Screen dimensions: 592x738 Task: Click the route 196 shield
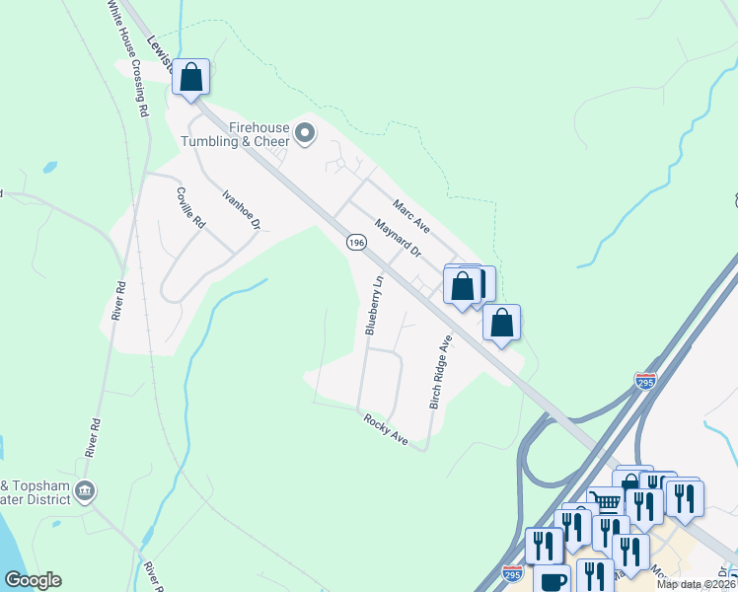pos(356,242)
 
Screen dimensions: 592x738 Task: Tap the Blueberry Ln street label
pos(373,306)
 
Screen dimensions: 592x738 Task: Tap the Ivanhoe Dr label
pos(241,210)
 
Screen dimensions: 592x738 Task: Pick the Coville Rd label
pos(190,208)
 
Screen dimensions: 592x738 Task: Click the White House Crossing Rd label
pos(127,59)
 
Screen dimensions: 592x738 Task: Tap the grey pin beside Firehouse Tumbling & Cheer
pos(305,132)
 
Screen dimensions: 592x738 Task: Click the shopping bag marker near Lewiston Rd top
pos(191,77)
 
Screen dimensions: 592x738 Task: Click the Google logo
pos(33,580)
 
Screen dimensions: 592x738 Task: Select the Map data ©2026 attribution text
pos(695,584)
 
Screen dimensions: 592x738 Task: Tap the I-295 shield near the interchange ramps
pos(645,381)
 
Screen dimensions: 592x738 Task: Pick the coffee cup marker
pos(553,580)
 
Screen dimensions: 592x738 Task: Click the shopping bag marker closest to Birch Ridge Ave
pos(501,323)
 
